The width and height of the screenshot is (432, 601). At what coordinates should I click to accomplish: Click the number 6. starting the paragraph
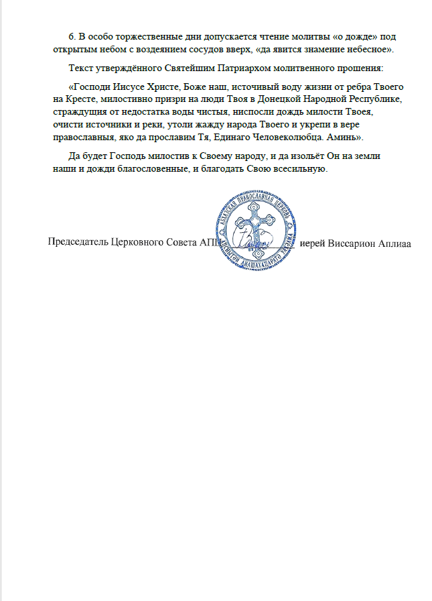(72, 36)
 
